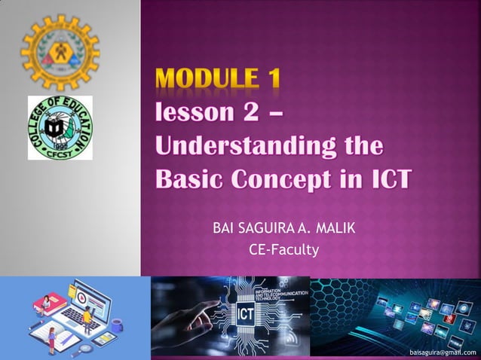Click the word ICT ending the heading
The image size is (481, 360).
tap(388, 178)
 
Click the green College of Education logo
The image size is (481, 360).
tap(60, 127)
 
